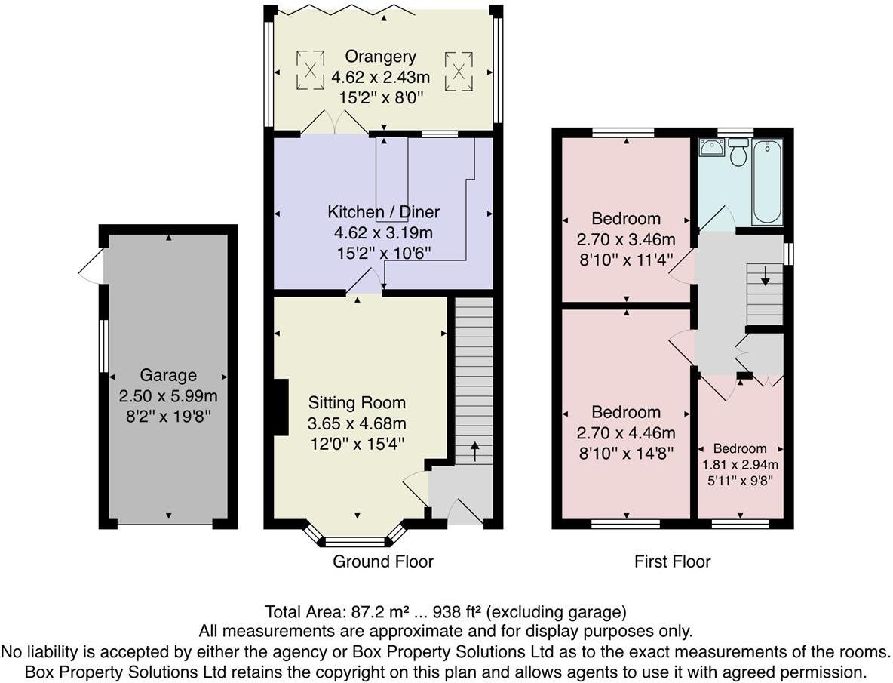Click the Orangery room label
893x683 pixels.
380,57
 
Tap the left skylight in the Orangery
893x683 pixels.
309,69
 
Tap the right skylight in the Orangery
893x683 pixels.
458,69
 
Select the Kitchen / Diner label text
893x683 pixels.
383,211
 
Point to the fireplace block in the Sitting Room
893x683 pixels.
280,408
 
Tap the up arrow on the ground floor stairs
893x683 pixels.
474,451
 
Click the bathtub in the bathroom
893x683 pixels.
766,181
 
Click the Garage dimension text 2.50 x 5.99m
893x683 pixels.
167,395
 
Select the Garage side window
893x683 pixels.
103,346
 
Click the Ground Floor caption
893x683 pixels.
383,561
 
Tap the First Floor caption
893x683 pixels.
672,561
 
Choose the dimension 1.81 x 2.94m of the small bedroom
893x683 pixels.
740,465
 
